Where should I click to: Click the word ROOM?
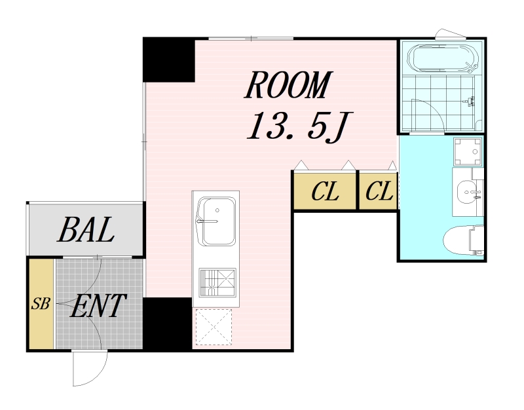tap(288, 85)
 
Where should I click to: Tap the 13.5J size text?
tap(299, 126)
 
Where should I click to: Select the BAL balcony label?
tap(86, 229)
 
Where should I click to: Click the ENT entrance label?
tap(98, 305)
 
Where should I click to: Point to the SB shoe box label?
tap(41, 304)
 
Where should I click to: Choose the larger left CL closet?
tap(324, 191)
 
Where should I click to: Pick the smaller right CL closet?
tap(379, 191)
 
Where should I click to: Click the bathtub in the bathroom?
tap(443, 58)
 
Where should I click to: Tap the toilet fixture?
tap(464, 240)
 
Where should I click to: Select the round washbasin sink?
tap(468, 192)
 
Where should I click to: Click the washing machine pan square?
tap(468, 151)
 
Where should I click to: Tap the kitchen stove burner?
tap(217, 283)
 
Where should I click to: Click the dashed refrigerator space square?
tap(214, 327)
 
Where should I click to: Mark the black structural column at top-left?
tap(169, 60)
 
